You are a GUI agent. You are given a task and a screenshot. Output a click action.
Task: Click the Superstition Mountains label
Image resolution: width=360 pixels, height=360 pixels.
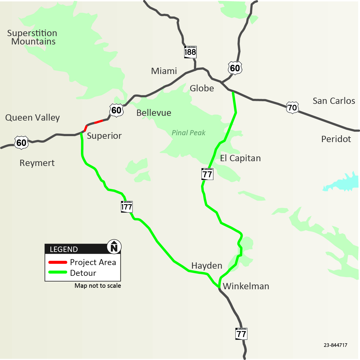[x=32, y=37]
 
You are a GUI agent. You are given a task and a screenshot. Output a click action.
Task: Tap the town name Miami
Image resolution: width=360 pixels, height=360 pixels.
[x=164, y=71]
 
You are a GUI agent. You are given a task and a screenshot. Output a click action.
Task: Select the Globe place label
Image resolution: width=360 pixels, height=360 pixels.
[x=202, y=88]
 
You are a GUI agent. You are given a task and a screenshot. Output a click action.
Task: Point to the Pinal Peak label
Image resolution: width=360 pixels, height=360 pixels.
[x=189, y=133]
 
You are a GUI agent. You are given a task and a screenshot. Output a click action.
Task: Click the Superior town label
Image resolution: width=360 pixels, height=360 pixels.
[x=104, y=136]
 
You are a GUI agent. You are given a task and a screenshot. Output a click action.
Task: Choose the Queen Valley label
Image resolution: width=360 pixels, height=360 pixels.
[x=33, y=118]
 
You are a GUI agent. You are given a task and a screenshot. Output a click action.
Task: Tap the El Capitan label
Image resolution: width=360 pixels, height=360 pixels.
[x=240, y=158]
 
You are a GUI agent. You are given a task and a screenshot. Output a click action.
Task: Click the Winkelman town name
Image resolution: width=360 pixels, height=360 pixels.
[x=246, y=286]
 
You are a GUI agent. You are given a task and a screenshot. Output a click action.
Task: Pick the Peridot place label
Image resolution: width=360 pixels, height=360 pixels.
[x=336, y=139]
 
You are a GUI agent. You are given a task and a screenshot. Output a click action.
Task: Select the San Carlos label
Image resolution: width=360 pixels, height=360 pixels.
[x=334, y=101]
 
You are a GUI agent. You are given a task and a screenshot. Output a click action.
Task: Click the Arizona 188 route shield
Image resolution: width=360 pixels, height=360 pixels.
[x=190, y=52]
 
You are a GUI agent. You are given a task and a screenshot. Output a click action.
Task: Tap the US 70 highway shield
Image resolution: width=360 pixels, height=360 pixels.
[x=292, y=107]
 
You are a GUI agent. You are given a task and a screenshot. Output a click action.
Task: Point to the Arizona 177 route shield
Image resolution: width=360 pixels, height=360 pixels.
[x=127, y=207]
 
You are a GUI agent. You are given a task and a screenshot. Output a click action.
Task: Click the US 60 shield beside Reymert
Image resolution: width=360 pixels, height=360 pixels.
[x=21, y=143]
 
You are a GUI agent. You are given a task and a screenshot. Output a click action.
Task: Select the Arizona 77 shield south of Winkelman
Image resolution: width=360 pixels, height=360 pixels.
[x=241, y=334]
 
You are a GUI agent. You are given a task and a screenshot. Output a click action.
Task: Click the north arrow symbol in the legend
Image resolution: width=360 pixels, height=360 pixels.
[x=114, y=247]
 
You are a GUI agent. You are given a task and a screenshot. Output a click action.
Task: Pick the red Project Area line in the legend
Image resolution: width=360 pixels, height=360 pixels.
[x=58, y=262]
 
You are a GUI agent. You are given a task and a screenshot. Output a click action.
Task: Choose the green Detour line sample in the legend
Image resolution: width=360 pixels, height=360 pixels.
[x=58, y=272]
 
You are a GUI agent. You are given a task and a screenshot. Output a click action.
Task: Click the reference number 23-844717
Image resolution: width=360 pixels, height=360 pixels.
[x=336, y=345]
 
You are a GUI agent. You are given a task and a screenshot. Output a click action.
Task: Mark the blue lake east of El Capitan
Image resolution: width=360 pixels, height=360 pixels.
[x=344, y=182]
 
